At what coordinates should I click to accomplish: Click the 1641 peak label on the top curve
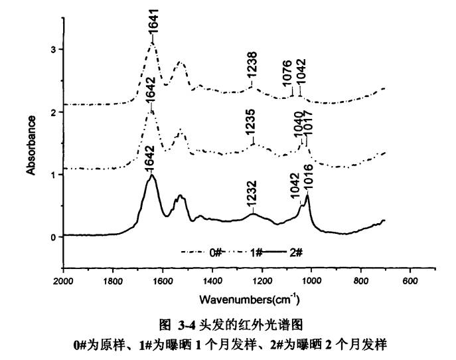point(153,30)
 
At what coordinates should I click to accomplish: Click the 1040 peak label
point(299,124)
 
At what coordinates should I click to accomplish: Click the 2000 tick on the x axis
point(63,281)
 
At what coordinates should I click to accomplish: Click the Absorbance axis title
point(31,145)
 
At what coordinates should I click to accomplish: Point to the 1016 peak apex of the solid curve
point(307,195)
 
